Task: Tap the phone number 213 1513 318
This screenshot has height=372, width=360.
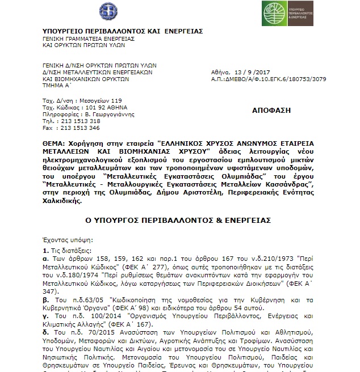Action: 82,121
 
